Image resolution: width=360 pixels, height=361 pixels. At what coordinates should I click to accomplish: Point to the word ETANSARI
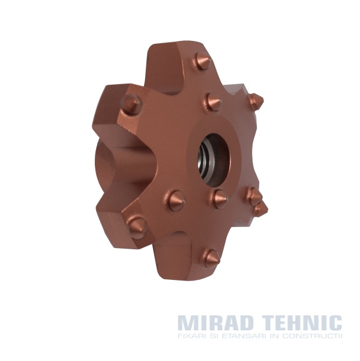[x=243, y=336]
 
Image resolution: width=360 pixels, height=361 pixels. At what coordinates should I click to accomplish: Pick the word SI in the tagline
[x=213, y=336]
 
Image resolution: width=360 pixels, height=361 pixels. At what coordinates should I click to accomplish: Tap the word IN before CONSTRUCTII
[x=274, y=336]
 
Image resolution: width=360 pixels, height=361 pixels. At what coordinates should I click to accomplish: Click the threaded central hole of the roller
[x=214, y=159]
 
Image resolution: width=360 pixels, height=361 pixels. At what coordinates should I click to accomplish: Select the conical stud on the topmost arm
[x=202, y=61]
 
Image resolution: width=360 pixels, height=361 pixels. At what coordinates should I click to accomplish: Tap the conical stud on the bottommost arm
[x=210, y=258]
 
